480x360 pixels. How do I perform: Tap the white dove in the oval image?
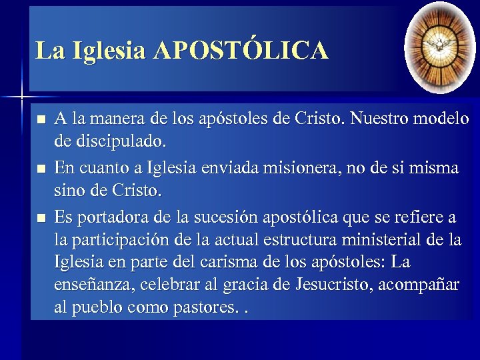pyautogui.click(x=440, y=45)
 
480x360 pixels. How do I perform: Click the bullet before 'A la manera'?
pyautogui.click(x=41, y=121)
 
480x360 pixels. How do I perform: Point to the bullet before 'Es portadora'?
pyautogui.click(x=41, y=218)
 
